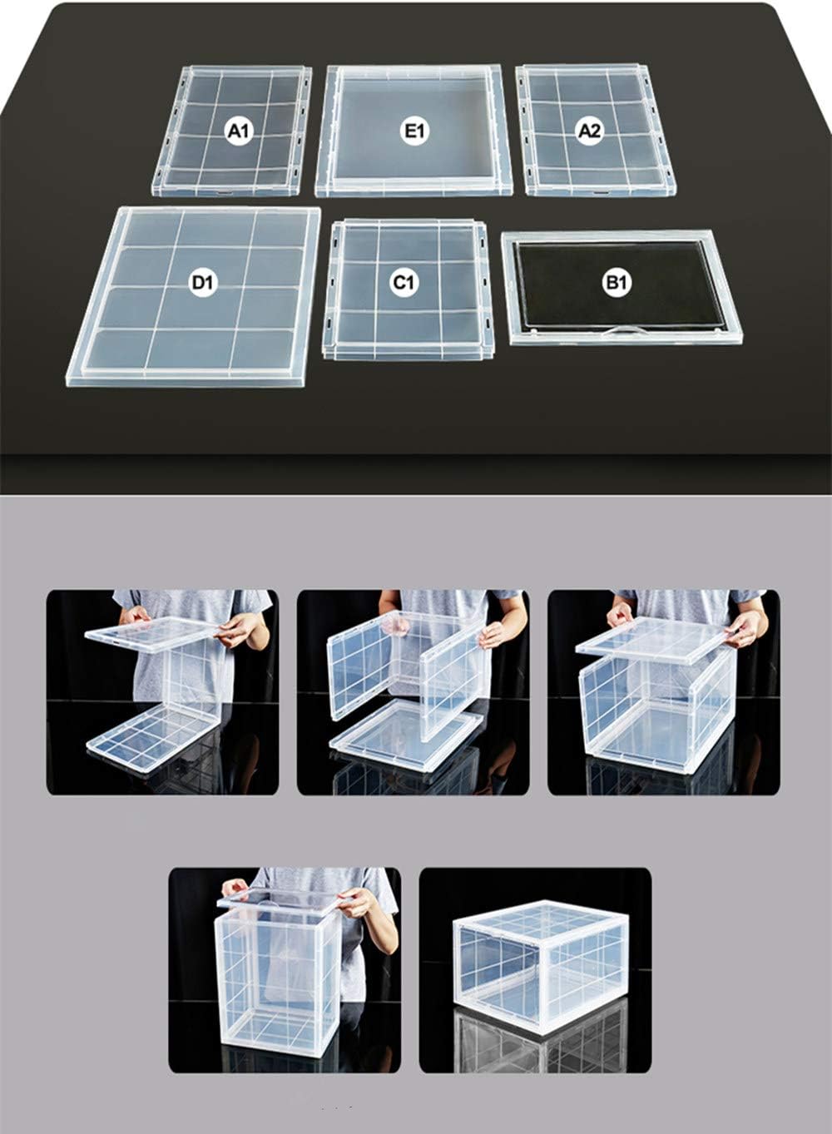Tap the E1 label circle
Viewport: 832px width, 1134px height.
tap(414, 130)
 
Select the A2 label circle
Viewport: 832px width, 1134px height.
tap(589, 130)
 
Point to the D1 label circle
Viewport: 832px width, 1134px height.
tap(202, 283)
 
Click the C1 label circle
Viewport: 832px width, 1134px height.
tap(404, 283)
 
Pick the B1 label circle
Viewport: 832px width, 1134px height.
tap(616, 283)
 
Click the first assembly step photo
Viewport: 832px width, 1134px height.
tap(162, 692)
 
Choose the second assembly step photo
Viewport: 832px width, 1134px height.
tap(414, 692)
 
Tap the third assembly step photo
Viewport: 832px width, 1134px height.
tap(664, 692)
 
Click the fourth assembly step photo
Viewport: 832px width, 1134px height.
tap(285, 970)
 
